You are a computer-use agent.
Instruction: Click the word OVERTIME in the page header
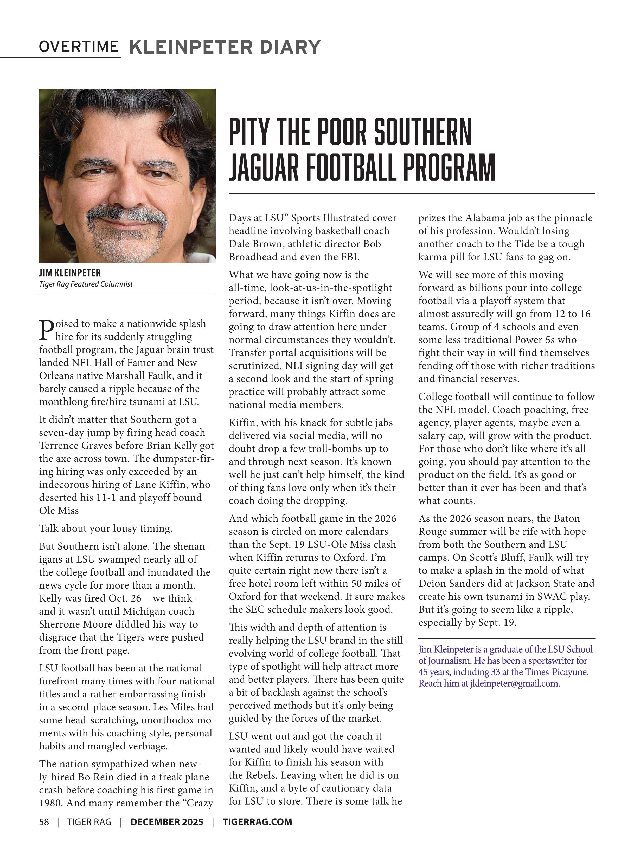[79, 47]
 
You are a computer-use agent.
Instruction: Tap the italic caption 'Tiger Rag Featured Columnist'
[86, 284]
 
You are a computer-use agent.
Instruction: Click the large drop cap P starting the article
[46, 330]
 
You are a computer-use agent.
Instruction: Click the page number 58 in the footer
[44, 822]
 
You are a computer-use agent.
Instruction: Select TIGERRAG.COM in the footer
[257, 822]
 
